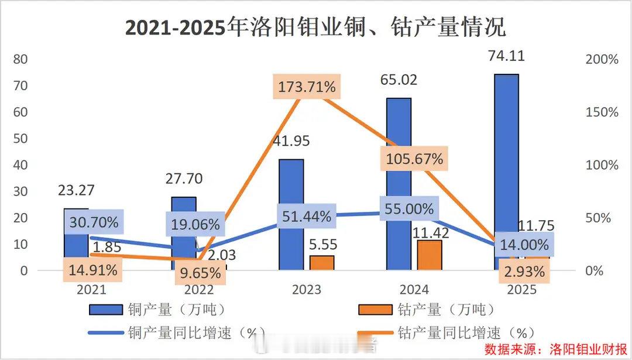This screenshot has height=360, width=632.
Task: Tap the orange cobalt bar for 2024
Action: pyautogui.click(x=430, y=255)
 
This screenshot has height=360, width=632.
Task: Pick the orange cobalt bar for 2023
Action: pyautogui.click(x=322, y=263)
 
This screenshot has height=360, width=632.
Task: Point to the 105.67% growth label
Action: pyautogui.click(x=415, y=159)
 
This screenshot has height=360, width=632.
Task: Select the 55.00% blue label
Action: pyautogui.click(x=410, y=208)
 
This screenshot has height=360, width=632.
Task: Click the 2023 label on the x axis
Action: pyautogui.click(x=307, y=290)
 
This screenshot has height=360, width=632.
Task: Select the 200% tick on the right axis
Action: pyautogui.click(x=602, y=60)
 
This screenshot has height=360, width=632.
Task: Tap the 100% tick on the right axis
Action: pyautogui.click(x=602, y=165)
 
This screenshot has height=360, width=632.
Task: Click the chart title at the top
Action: pyautogui.click(x=315, y=27)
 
